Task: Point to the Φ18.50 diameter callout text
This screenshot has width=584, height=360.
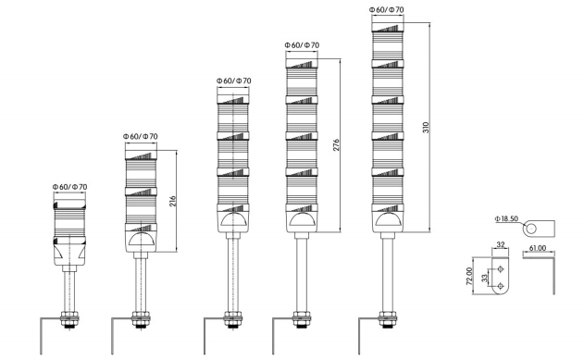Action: (505, 219)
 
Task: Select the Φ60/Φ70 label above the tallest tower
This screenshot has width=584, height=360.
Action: (388, 10)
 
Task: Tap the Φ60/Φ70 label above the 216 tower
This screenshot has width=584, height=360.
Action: (140, 137)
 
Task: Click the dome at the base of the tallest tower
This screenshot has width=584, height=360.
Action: (388, 222)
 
